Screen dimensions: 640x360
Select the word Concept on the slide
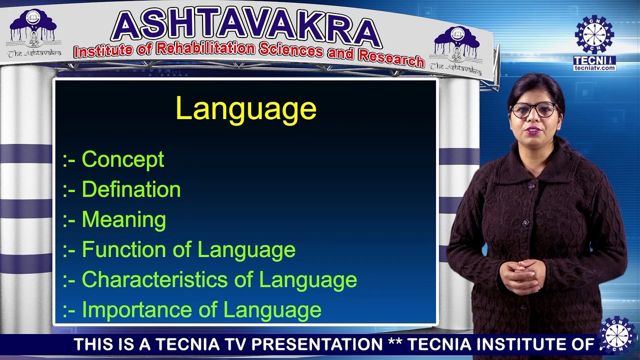coord(123,159)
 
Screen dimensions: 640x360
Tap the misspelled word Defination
coord(131,189)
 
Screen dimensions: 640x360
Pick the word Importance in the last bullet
coord(137,309)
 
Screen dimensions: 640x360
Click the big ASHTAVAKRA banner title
coord(245,27)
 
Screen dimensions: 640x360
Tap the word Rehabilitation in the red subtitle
coord(205,48)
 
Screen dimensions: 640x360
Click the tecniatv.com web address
coord(594,68)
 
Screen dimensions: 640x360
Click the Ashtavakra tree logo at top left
coord(33,32)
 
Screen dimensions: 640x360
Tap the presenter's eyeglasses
coord(534,110)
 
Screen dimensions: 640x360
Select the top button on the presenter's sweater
coord(531,187)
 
